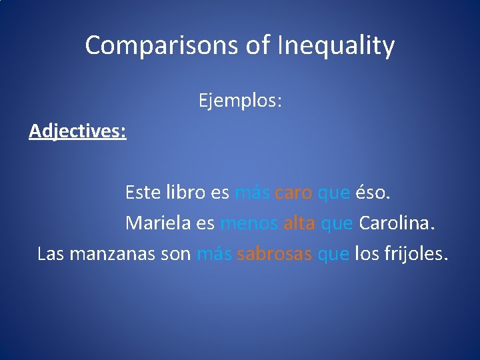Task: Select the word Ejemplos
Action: coord(240,101)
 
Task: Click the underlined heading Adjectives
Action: coord(78,131)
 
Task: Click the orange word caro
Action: coord(293,193)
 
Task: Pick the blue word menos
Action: coord(249,223)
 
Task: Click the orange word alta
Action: coord(299,223)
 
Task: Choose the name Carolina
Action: coord(397,223)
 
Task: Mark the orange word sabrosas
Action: coord(274,254)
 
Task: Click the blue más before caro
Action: coord(251,193)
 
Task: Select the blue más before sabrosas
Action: coord(213,254)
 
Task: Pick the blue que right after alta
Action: coord(337,224)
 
